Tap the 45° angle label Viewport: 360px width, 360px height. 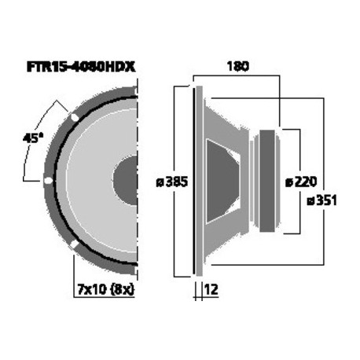click(32, 138)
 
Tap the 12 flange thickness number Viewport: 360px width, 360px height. click(210, 289)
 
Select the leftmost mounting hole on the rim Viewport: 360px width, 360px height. click(48, 182)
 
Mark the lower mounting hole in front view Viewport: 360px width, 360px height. click(74, 246)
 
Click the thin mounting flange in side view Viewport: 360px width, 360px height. click(197, 181)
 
